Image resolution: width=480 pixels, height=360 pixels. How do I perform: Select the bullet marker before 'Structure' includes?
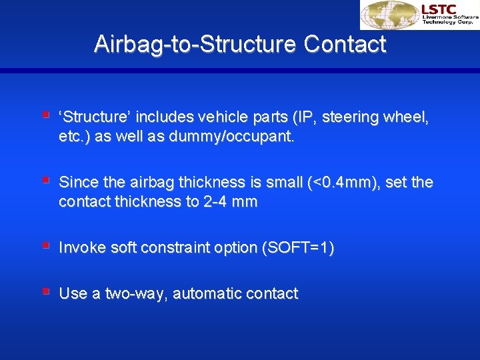(x=45, y=115)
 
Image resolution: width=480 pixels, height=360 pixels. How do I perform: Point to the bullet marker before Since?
(x=45, y=180)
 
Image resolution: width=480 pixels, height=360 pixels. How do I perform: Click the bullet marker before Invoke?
(x=45, y=245)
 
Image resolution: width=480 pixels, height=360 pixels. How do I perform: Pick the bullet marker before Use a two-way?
(x=45, y=291)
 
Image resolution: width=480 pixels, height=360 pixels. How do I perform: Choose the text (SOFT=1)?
(x=298, y=248)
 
